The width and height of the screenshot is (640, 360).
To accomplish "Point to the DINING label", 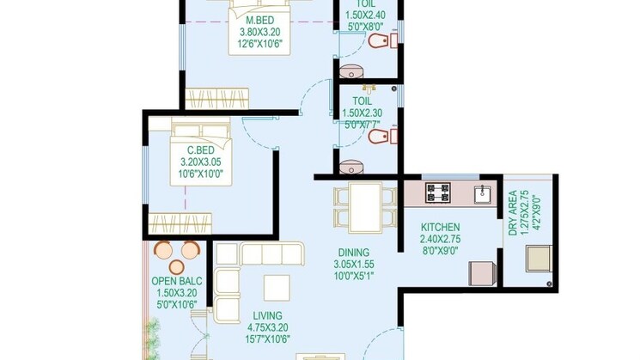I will point(356,253).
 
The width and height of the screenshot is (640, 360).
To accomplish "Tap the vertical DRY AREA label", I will point(513,213).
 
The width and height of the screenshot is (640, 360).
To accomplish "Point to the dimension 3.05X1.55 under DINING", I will point(356,265).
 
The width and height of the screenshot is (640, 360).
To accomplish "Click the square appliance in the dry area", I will point(538,257).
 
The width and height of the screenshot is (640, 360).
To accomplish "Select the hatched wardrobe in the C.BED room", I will point(180,223).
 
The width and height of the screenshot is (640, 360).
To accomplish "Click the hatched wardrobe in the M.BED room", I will point(217,95).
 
